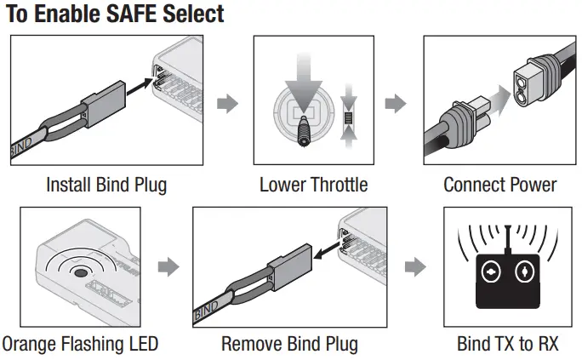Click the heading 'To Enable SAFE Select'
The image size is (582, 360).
click(115, 14)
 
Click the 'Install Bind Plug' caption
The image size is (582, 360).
click(106, 185)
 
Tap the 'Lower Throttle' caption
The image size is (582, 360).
click(314, 185)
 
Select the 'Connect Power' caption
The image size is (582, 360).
click(499, 185)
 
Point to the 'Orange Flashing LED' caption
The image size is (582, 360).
click(80, 344)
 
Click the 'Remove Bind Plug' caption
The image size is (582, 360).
click(289, 344)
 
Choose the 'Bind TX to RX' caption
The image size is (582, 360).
click(507, 344)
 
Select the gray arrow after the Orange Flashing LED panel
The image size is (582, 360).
click(170, 267)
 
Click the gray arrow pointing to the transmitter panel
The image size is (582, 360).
click(414, 267)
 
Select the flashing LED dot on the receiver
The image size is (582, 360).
click(82, 273)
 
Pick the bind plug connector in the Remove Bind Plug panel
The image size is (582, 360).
click(289, 266)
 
